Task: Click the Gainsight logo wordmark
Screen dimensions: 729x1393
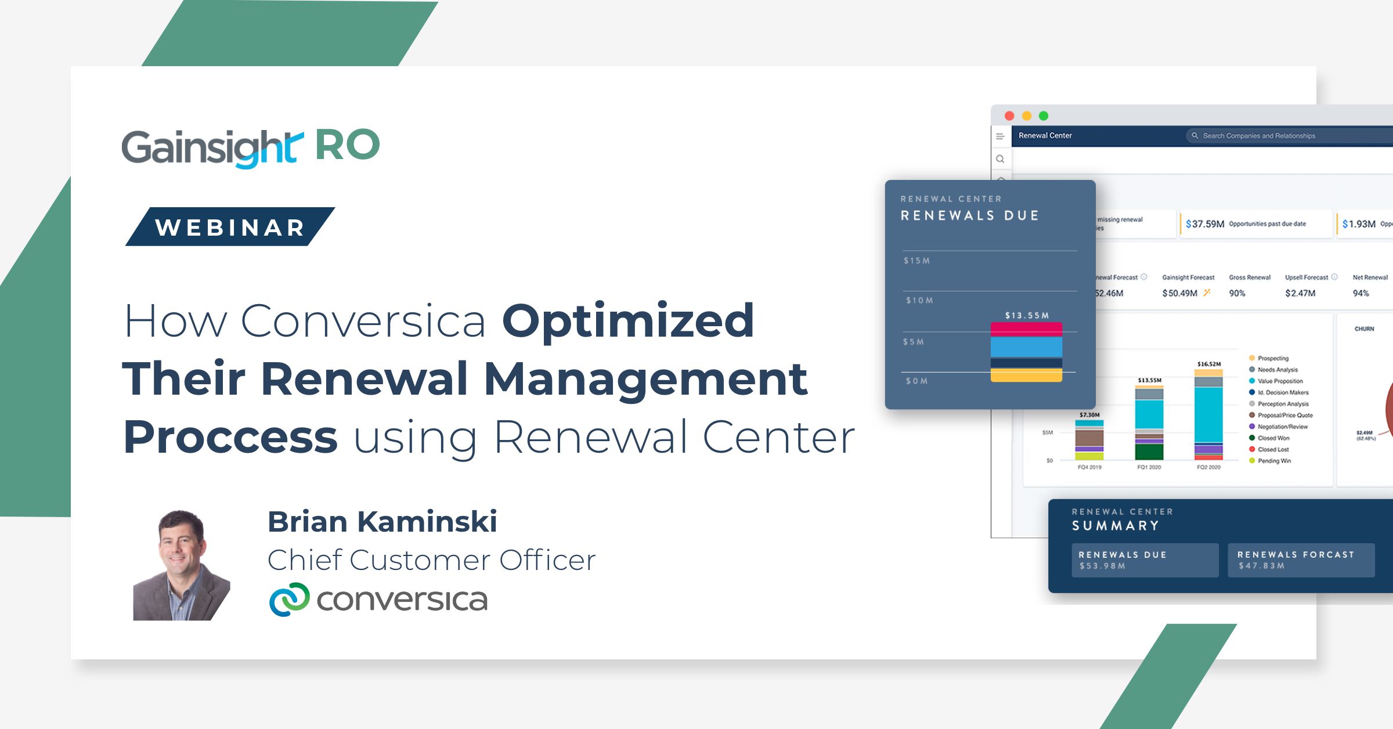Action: tap(212, 147)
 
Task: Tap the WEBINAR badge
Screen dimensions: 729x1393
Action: tap(230, 227)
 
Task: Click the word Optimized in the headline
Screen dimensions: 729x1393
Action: tap(627, 321)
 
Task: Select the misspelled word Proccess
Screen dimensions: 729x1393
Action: tap(230, 438)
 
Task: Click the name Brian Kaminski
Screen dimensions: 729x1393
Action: tap(382, 521)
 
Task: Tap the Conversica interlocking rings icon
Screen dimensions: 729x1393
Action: tap(289, 600)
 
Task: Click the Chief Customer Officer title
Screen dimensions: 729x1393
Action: tap(431, 560)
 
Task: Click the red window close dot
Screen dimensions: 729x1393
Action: tap(1009, 116)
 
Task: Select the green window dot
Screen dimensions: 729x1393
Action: tap(1044, 116)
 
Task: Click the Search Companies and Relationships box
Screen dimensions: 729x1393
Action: tap(1277, 136)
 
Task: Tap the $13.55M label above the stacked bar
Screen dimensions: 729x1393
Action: tap(1027, 315)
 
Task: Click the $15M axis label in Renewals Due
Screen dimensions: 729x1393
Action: tap(916, 261)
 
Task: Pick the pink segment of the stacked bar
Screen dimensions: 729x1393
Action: tap(1026, 330)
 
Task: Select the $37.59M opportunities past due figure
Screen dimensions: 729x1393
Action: tap(1205, 224)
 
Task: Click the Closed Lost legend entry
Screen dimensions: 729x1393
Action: tap(1273, 449)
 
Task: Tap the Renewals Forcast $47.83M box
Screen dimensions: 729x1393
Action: tap(1301, 560)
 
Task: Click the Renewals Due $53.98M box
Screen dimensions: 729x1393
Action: tap(1145, 560)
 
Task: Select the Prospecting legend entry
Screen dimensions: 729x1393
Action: tap(1272, 358)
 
